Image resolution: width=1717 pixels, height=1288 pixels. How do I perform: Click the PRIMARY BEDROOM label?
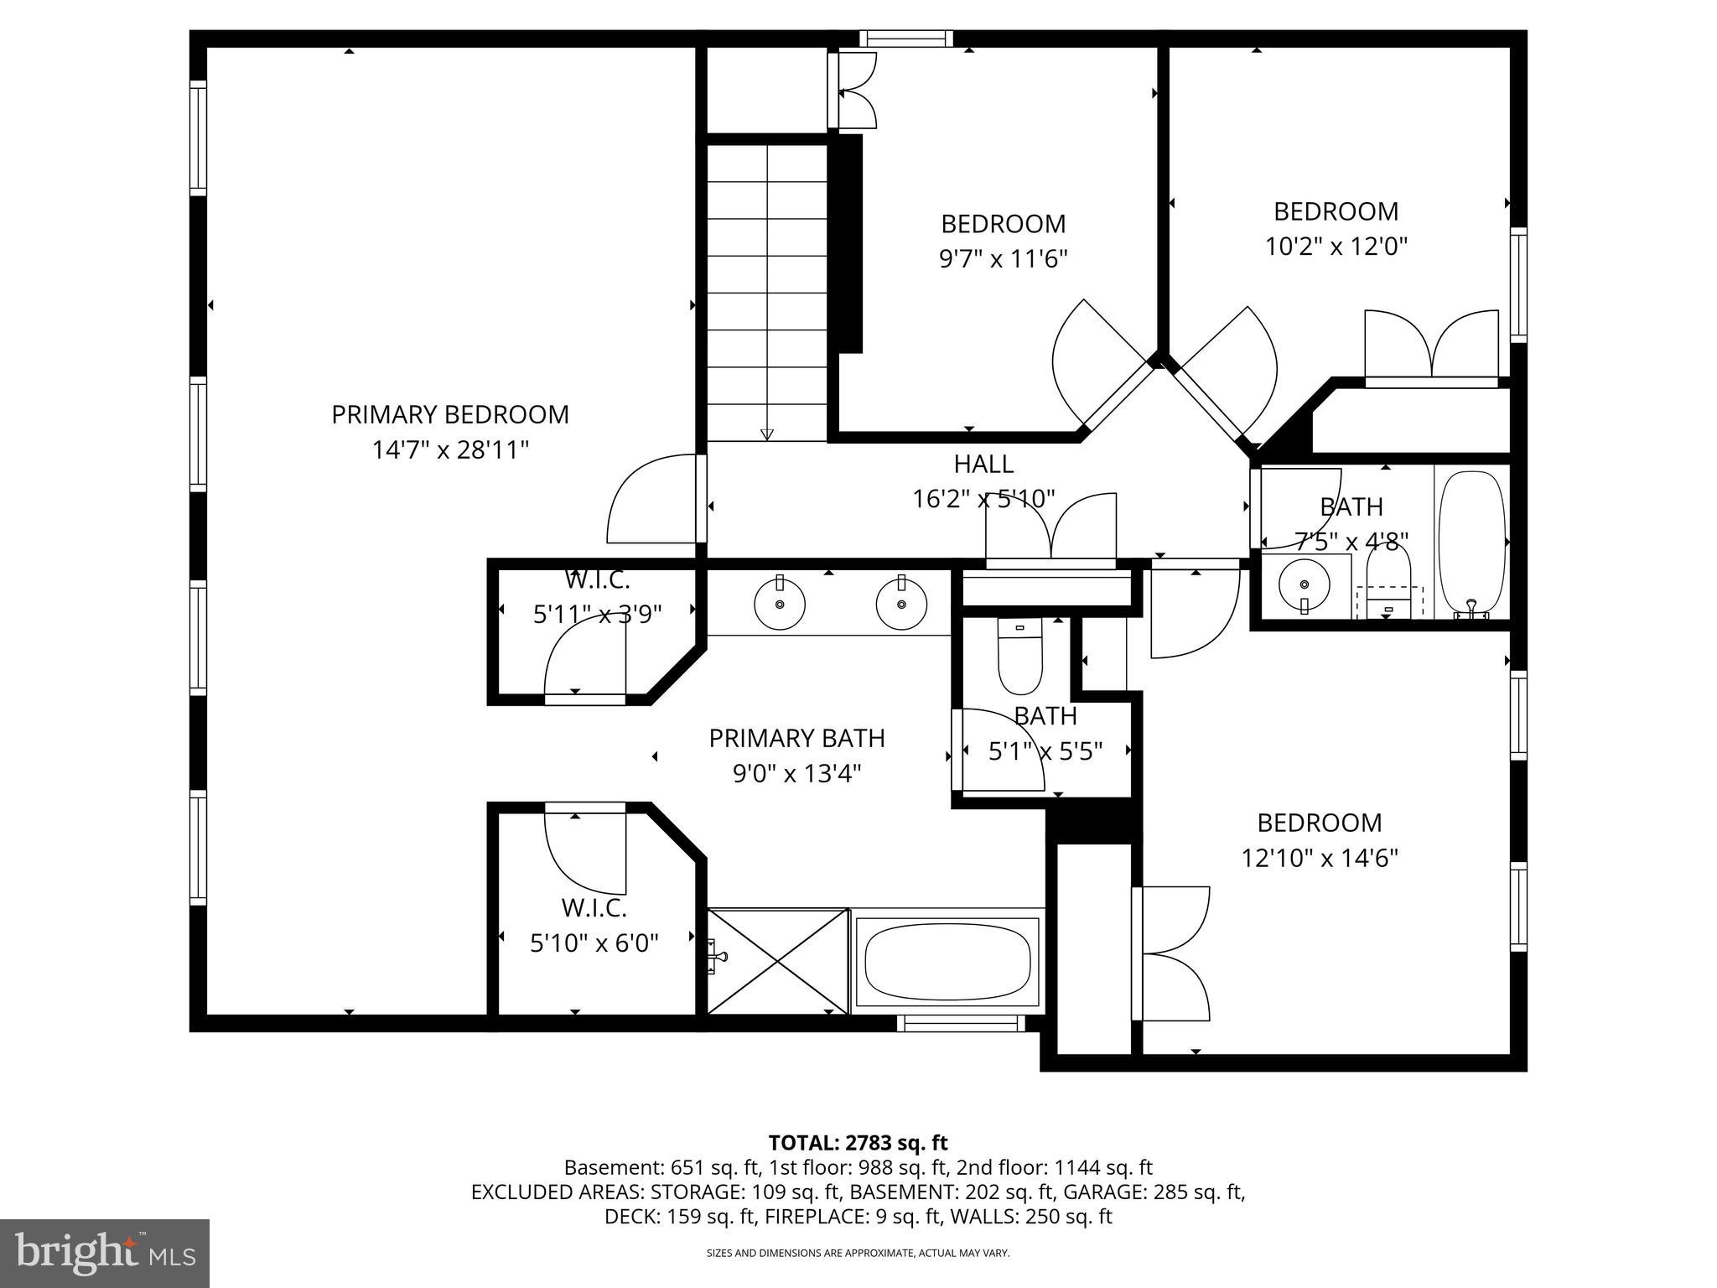coord(450,414)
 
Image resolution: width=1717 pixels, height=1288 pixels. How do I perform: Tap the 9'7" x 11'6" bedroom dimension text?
coord(1003,259)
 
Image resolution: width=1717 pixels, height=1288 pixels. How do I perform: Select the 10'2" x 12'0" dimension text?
coord(1336,247)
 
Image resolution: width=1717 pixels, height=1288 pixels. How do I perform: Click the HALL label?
coord(983,464)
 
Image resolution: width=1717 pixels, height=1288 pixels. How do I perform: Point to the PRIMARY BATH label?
coord(796,738)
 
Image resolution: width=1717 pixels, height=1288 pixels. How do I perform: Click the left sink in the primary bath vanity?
coord(780,604)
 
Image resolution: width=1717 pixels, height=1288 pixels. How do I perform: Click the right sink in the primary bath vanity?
coord(901,604)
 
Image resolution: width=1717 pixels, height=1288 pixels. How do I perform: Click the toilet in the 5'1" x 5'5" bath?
coord(1019,658)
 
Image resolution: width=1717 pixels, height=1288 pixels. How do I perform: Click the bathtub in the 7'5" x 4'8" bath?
coord(1471,541)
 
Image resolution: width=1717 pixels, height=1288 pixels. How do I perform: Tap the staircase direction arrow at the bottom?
coord(766,434)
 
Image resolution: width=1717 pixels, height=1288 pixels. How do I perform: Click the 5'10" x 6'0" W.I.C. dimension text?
coord(594,943)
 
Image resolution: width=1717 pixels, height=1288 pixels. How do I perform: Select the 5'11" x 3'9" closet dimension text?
coord(597,615)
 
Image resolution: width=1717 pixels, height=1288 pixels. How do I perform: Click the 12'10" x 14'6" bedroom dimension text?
coord(1319,858)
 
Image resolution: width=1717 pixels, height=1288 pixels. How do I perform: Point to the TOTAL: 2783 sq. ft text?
coord(858,1142)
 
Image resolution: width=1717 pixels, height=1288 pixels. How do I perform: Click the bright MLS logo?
coord(105,1253)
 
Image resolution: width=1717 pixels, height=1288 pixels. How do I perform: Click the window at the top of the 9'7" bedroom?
coord(906,38)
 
